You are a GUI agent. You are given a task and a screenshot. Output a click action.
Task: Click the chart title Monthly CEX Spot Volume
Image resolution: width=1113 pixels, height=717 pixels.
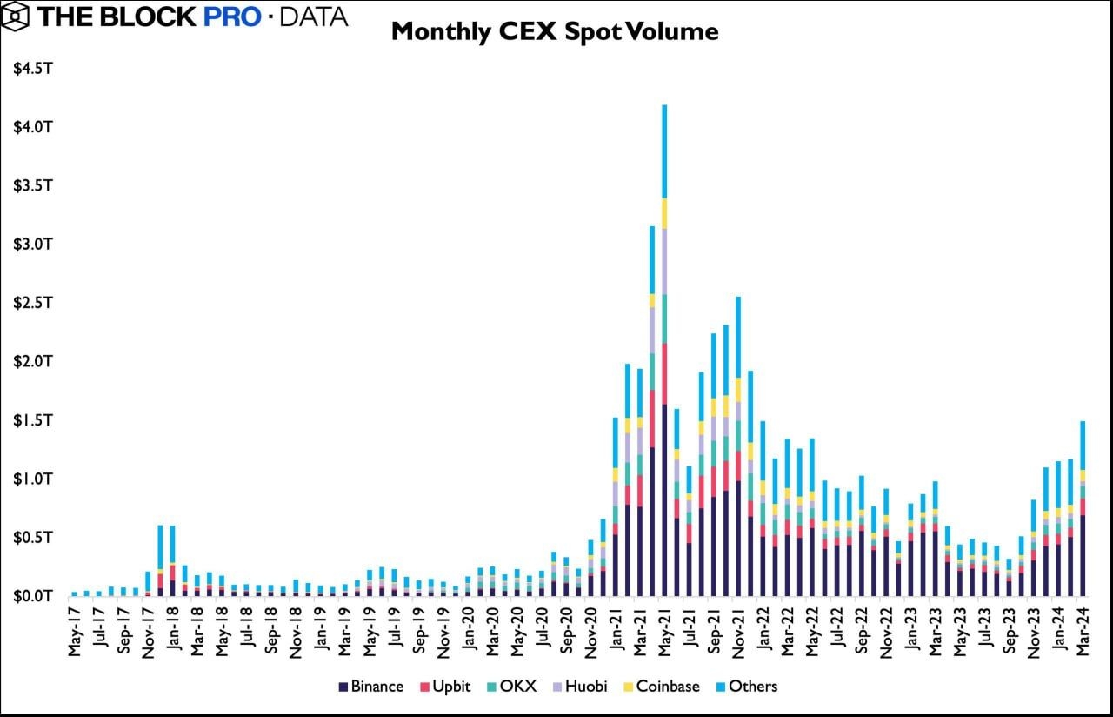pos(555,32)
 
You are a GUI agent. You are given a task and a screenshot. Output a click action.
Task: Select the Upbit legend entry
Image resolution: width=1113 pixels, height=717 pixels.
pos(444,687)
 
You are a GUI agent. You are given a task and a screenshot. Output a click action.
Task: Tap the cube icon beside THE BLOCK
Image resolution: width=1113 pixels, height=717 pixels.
pos(17,16)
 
